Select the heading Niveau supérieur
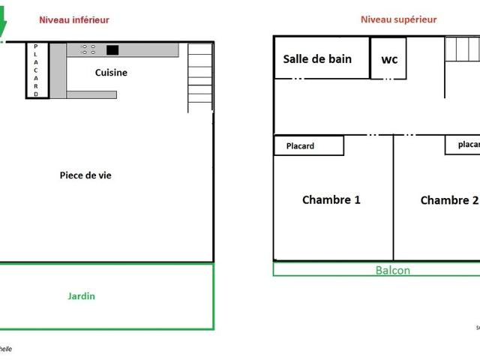click(x=398, y=20)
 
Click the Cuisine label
click(x=111, y=73)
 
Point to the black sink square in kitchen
click(x=112, y=50)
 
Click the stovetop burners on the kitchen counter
click(x=88, y=49)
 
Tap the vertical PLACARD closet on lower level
click(x=36, y=70)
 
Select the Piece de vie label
click(x=85, y=175)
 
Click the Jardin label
click(x=82, y=296)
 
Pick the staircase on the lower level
click(x=200, y=78)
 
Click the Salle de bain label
click(x=317, y=59)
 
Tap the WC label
click(x=389, y=60)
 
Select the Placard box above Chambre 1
click(x=308, y=145)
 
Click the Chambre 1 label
click(x=331, y=199)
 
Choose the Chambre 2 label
click(x=448, y=200)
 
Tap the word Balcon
click(x=392, y=270)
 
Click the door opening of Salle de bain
click(x=298, y=79)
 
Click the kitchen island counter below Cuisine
click(x=91, y=94)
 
